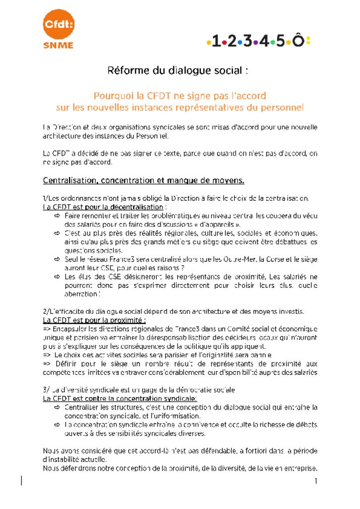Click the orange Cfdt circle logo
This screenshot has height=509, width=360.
coord(58,24)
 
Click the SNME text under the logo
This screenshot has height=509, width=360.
coord(58,45)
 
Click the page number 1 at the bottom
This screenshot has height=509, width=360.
coord(316,481)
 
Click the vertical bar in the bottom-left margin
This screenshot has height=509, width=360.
coord(22,480)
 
